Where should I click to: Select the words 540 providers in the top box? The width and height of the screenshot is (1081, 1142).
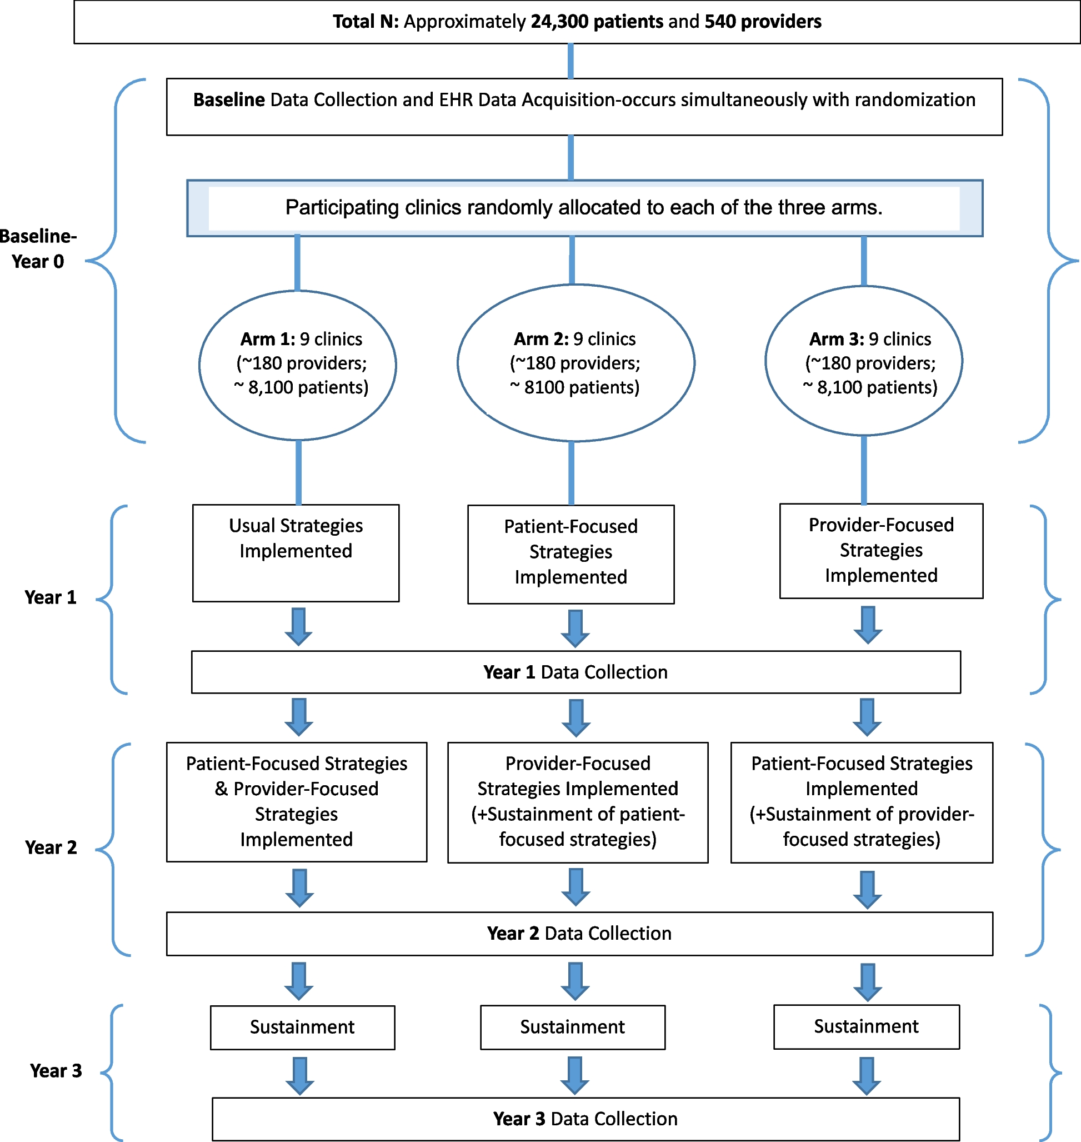point(763,22)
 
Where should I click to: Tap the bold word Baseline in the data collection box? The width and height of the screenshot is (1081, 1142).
point(229,99)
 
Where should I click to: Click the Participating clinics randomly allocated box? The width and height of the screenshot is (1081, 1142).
point(584,207)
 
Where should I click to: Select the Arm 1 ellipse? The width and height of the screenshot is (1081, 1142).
point(297,365)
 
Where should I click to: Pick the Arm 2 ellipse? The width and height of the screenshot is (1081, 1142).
point(575,362)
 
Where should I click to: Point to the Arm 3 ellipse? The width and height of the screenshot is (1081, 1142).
point(863,361)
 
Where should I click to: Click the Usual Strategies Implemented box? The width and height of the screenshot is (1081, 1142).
point(296,553)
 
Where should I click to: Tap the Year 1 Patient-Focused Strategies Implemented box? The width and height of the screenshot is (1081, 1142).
point(570,554)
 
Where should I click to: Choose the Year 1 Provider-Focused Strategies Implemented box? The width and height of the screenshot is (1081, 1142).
point(880,551)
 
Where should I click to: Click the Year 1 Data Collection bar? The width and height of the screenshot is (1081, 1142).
point(575,672)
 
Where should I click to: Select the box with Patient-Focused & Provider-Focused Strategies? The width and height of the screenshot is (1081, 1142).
point(296,802)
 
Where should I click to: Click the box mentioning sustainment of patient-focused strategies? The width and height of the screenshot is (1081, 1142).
point(577,802)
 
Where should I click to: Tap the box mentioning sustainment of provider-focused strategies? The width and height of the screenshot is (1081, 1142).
point(862,802)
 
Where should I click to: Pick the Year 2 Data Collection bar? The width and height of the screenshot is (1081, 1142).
point(579,933)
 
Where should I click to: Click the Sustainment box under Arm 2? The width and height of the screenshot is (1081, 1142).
point(572,1028)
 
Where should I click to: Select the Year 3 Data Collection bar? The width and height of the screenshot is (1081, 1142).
point(585,1119)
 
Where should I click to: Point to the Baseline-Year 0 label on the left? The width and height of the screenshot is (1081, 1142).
point(38,248)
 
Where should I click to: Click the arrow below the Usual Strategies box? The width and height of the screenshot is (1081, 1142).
point(298,627)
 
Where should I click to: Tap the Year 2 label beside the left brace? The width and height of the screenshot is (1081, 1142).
point(51,847)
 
